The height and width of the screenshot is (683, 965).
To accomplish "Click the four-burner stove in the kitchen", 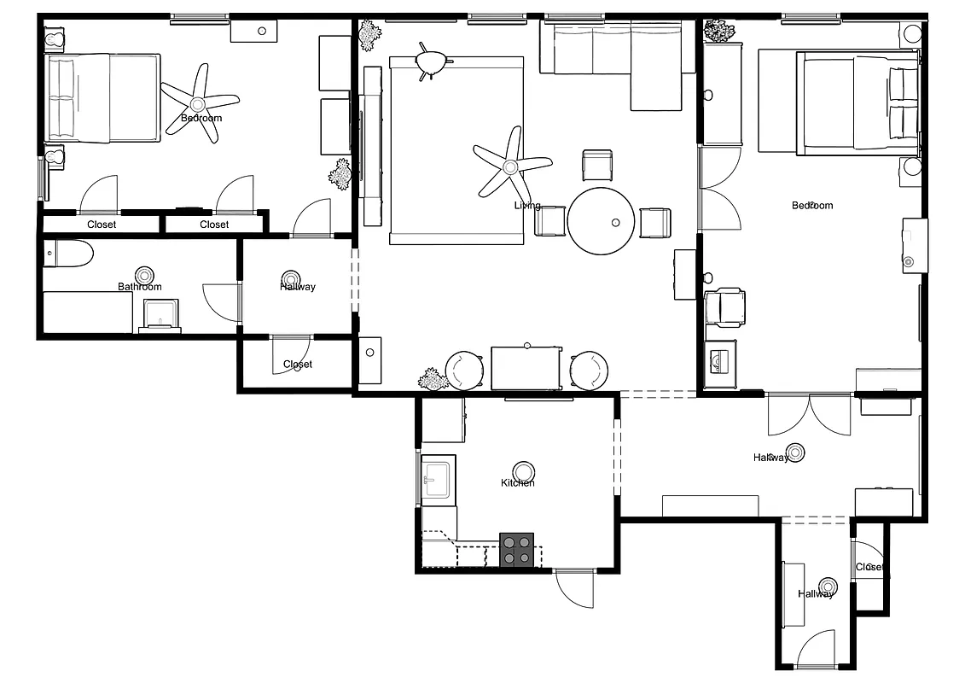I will tap(516, 549).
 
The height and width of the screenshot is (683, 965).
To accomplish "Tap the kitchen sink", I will tap(438, 479).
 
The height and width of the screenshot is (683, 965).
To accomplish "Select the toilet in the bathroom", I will tap(68, 254).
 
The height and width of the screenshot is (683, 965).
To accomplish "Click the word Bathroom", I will tap(140, 287).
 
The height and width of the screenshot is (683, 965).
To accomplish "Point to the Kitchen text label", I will tap(518, 483).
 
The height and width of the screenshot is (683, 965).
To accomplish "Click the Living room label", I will tap(527, 206).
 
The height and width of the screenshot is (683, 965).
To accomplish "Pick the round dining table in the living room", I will tap(602, 221).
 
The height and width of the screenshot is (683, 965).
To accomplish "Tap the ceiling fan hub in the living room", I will tap(512, 166).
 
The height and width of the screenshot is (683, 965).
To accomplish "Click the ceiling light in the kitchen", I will tap(524, 471).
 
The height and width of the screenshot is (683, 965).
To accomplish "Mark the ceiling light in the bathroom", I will tap(144, 275).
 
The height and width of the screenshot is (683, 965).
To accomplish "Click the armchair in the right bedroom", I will tap(725, 307).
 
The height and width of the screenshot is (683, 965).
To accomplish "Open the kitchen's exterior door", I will tap(574, 588).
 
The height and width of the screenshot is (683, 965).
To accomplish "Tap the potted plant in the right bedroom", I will tap(718, 32).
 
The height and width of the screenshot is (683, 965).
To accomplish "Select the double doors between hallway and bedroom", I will tap(809, 413).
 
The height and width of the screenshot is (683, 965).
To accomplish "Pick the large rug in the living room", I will tap(456, 150).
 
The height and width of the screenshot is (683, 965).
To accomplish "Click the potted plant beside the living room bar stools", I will tap(433, 379).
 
